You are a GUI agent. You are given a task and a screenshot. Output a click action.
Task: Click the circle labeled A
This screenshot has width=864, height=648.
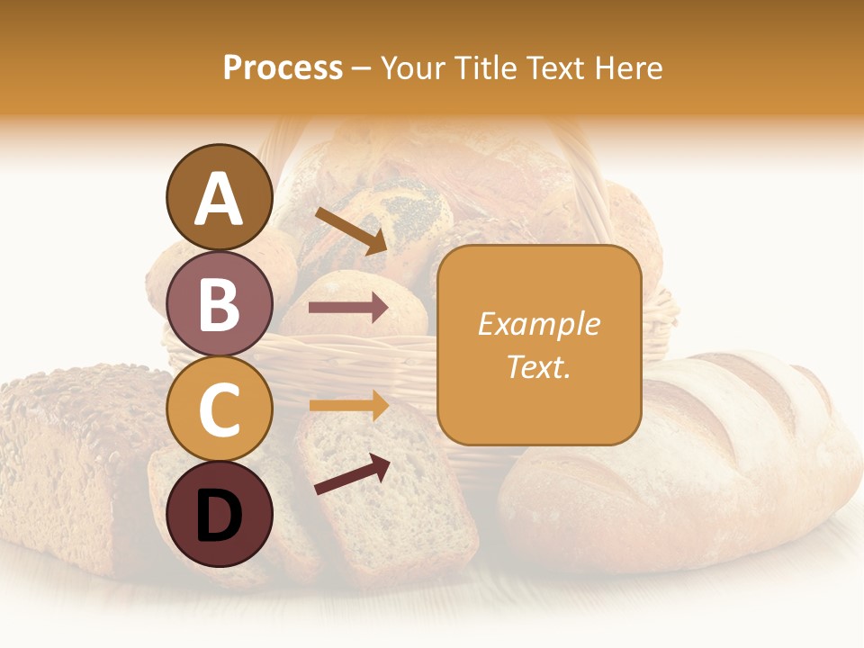pyautogui.click(x=219, y=197)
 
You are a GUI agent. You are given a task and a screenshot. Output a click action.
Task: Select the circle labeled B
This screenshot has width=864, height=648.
pyautogui.click(x=219, y=303)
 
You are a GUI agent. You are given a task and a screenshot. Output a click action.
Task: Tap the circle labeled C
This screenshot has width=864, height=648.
pyautogui.click(x=219, y=409)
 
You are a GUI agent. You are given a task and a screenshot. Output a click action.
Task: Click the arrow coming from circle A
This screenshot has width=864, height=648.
pyautogui.click(x=351, y=231)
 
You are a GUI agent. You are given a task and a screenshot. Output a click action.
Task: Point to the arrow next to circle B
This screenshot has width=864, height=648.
pyautogui.click(x=349, y=308)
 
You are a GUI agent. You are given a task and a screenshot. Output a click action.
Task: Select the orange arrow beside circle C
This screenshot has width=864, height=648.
pyautogui.click(x=349, y=405)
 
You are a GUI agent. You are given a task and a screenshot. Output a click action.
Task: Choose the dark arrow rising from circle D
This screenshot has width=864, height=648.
pyautogui.click(x=352, y=475)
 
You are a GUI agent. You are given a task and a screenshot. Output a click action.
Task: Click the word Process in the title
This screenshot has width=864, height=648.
pyautogui.click(x=283, y=67)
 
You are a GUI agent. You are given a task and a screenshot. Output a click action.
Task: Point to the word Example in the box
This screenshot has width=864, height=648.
pyautogui.click(x=538, y=324)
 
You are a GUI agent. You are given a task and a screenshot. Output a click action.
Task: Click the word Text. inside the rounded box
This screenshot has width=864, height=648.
pyautogui.click(x=538, y=366)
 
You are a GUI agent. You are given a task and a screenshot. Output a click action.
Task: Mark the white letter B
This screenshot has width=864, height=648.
pyautogui.click(x=219, y=303)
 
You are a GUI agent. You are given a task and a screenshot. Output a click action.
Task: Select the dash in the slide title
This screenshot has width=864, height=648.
pyautogui.click(x=362, y=68)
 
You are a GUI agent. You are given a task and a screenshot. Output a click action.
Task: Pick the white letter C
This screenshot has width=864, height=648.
pyautogui.click(x=219, y=409)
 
